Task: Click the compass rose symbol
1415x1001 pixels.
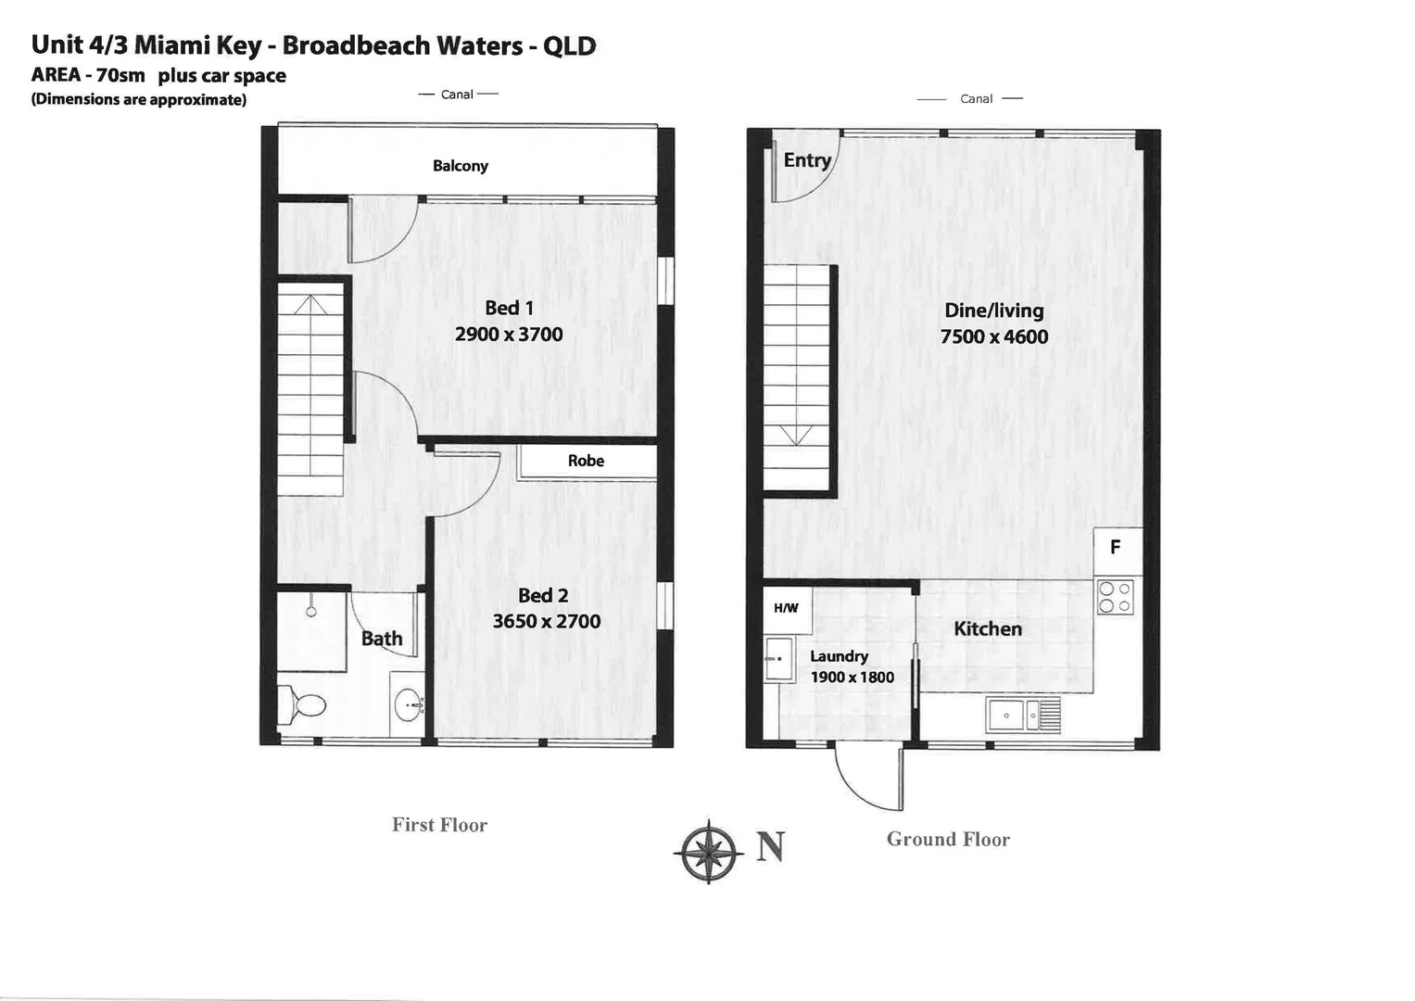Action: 708,850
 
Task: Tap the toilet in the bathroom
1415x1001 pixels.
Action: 303,705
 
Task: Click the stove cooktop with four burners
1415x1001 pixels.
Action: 1115,597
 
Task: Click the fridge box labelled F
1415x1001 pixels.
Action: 1116,548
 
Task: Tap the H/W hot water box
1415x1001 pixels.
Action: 786,608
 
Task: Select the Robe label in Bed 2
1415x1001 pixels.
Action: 586,461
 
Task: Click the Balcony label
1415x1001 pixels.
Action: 461,166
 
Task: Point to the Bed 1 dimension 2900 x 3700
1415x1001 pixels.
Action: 509,335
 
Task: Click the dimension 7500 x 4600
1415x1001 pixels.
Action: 994,336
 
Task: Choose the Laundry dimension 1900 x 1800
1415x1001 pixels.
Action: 852,678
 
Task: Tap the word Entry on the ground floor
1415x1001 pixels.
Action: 807,160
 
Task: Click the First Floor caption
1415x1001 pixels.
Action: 439,825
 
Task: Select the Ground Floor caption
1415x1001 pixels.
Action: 948,840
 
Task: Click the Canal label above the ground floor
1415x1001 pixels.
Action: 976,99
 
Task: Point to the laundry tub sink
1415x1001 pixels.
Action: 778,659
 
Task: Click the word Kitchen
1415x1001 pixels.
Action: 988,629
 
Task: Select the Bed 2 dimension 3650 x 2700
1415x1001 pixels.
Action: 547,621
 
